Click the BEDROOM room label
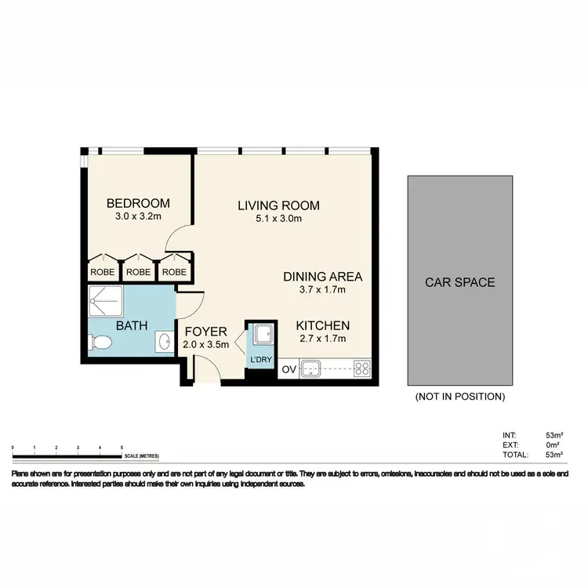pyautogui.click(x=138, y=204)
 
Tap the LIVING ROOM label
pyautogui.click(x=279, y=205)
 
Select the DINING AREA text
pyautogui.click(x=322, y=277)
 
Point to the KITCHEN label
pyautogui.click(x=322, y=325)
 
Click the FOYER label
pyautogui.click(x=206, y=331)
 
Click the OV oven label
pyautogui.click(x=288, y=368)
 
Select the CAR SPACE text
pyautogui.click(x=459, y=281)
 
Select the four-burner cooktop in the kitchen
pyautogui.click(x=362, y=367)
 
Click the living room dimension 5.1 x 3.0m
pyautogui.click(x=279, y=219)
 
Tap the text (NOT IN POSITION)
pyautogui.click(x=459, y=397)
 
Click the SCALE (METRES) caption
pyautogui.click(x=142, y=456)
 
